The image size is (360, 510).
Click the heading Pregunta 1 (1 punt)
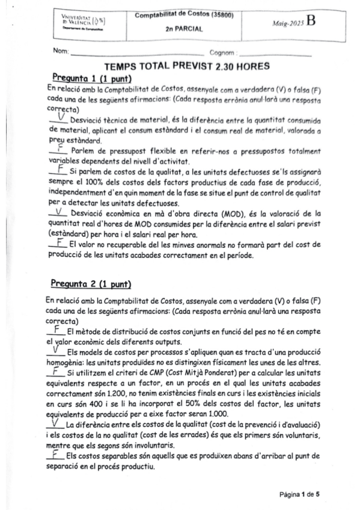coord(82,78)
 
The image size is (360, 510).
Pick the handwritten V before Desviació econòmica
coord(58,212)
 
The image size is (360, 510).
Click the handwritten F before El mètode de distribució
coord(56,330)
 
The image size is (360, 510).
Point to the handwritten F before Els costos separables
coord(55,456)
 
